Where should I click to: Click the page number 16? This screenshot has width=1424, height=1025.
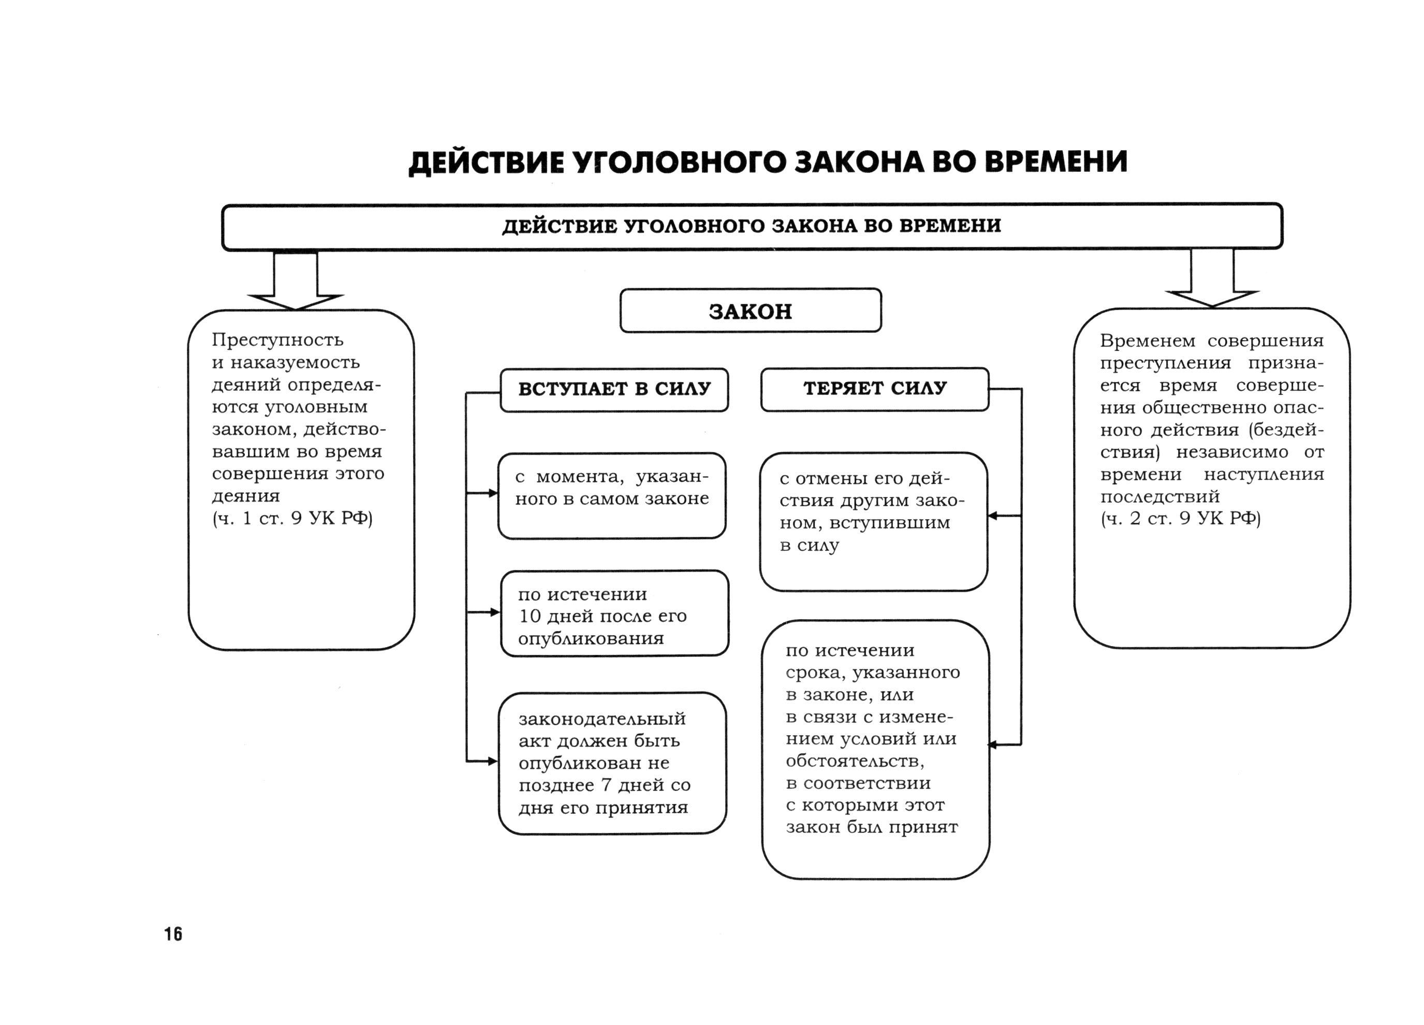173,934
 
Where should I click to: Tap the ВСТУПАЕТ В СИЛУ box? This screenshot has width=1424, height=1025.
614,389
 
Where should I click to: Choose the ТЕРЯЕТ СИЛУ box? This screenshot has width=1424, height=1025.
875,389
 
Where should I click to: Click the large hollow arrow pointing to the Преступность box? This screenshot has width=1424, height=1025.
296,283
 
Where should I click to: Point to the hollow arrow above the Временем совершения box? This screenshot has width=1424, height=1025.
1212,280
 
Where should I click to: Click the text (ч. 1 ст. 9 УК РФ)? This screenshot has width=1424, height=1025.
292,518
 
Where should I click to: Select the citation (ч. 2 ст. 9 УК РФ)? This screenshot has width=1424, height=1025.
1180,518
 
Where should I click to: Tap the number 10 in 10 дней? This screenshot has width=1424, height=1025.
530,616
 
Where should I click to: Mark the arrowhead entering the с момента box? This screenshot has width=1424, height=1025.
493,494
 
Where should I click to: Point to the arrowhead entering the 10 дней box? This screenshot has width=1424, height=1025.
495,612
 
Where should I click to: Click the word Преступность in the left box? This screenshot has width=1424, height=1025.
277,340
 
